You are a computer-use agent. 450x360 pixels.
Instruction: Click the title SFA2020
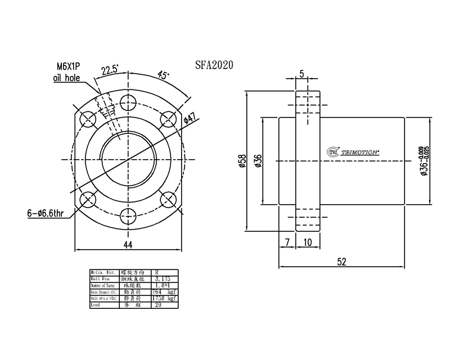click(214, 65)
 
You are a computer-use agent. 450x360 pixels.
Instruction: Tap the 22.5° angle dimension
click(109, 70)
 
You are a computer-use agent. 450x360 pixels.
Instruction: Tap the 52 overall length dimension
click(342, 261)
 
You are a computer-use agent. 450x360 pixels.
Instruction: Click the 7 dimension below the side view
click(287, 242)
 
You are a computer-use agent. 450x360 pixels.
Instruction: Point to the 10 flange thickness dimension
click(308, 242)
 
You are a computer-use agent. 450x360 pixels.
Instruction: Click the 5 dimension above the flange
click(302, 74)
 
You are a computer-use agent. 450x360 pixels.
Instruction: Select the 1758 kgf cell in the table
click(164, 299)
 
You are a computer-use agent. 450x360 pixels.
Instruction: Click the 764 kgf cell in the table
click(164, 292)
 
